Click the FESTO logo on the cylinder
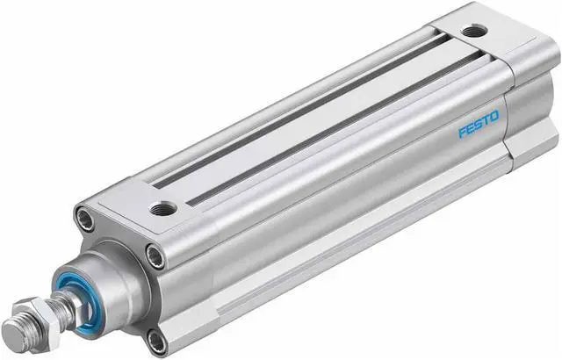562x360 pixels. coord(479,124)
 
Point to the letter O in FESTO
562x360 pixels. coord(495,115)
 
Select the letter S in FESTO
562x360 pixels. coord(479,124)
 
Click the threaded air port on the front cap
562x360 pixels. coord(162,209)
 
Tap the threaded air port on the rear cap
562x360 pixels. coord(474,31)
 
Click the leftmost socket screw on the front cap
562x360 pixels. coord(86,219)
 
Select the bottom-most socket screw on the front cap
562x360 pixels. coord(155,338)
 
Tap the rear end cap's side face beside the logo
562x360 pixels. coord(531,114)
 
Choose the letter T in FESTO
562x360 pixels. coord(486,119)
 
